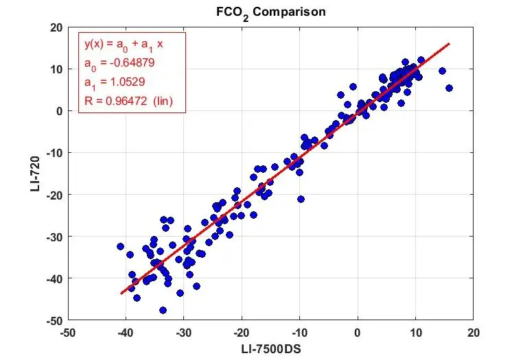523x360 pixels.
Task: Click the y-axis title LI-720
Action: [x=36, y=173]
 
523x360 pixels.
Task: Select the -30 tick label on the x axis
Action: [x=183, y=332]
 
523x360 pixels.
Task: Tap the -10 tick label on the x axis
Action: [x=299, y=332]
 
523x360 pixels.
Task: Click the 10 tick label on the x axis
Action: [x=415, y=332]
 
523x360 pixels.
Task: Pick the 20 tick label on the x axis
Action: [x=473, y=332]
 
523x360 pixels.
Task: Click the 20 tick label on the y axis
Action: [x=55, y=27]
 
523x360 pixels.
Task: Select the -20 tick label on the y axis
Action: [x=52, y=195]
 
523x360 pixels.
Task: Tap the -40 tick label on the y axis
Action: [x=52, y=278]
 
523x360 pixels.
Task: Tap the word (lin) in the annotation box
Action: [x=163, y=101]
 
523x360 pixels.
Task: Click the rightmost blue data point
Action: [x=449, y=88]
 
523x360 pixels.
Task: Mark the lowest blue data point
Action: [x=163, y=310]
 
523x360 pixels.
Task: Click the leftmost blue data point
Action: [x=120, y=246]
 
